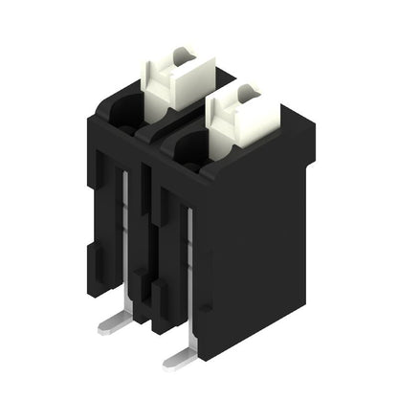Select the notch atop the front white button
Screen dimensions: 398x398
tap(246, 90)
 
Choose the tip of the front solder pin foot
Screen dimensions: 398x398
tap(166, 364)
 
